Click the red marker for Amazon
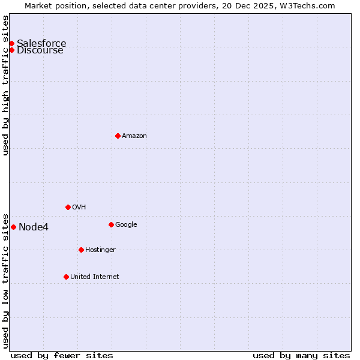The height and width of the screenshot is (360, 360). click(118, 136)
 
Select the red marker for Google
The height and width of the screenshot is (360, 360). click(111, 224)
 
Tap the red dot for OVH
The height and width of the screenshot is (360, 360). click(68, 207)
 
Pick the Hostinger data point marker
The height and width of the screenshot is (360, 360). click(81, 250)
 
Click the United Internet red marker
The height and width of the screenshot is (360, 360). click(66, 277)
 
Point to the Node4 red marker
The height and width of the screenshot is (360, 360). click(13, 227)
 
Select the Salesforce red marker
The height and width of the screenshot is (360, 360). click(11, 43)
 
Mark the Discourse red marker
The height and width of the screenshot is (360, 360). click(11, 50)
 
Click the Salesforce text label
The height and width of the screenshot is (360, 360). click(41, 43)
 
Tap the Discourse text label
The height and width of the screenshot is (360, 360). click(40, 51)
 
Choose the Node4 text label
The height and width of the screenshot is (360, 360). click(34, 227)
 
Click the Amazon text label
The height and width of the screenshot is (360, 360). click(134, 136)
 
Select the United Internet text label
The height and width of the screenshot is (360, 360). click(95, 277)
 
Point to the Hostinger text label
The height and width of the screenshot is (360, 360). click(100, 250)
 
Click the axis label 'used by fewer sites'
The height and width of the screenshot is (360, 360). click(62, 355)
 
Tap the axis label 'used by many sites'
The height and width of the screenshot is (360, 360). click(301, 355)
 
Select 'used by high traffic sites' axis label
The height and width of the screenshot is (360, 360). click(5, 85)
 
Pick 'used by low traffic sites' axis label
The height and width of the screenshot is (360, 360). click(5, 280)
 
